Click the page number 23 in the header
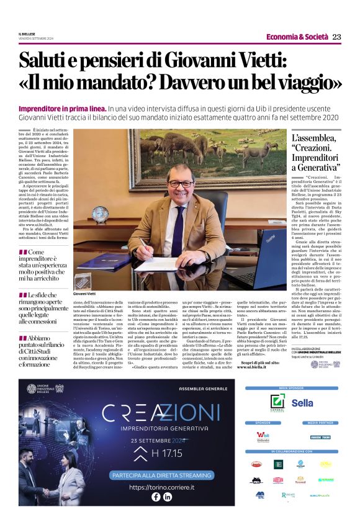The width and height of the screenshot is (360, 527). click(x=336, y=37)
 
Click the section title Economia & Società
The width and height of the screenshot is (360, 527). click(x=297, y=37)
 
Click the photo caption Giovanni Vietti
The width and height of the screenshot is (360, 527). click(x=86, y=293)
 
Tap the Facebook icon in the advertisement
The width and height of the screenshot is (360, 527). click(x=156, y=497)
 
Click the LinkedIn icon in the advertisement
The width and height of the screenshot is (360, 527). click(x=168, y=497)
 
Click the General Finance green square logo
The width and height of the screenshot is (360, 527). click(x=277, y=402)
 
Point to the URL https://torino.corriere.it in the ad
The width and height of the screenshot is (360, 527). click(x=161, y=487)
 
